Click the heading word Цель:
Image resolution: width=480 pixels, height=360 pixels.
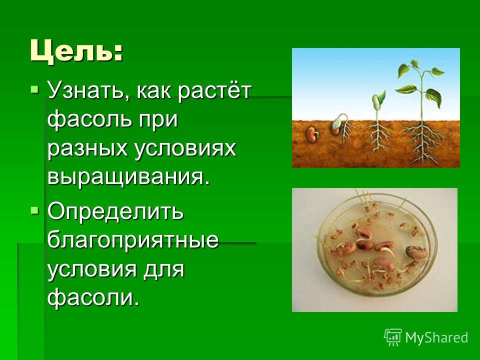[76, 51]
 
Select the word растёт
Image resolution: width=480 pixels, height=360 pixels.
[214, 91]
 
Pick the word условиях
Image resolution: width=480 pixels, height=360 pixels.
[185, 149]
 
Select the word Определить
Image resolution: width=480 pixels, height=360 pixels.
[115, 212]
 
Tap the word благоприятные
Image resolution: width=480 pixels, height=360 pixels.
[133, 240]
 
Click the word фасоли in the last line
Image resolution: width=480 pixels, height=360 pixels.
[93, 296]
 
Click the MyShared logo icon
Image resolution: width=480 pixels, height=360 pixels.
[393, 337]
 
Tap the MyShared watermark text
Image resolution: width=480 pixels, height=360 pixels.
[436, 337]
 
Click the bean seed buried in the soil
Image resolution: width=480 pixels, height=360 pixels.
[311, 134]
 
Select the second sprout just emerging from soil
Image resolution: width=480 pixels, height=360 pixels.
[340, 124]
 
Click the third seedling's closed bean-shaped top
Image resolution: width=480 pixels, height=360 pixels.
[378, 98]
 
